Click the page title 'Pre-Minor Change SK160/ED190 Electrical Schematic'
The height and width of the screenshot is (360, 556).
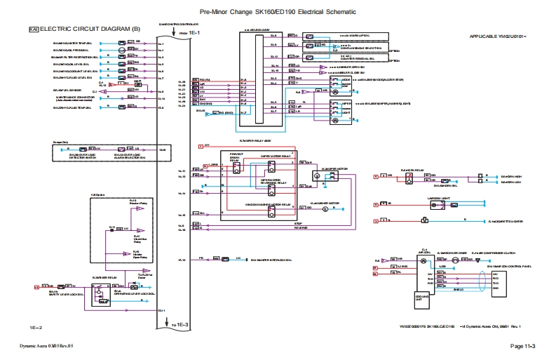(278, 12)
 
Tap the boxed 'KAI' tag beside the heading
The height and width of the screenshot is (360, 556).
(33, 29)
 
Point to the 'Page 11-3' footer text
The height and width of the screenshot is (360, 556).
(522, 347)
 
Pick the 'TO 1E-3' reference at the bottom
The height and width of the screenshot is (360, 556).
(179, 325)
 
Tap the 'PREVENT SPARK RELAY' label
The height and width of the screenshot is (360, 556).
(235, 158)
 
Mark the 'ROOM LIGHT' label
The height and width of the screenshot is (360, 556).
(419, 199)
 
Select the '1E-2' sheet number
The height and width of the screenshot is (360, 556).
(36, 328)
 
